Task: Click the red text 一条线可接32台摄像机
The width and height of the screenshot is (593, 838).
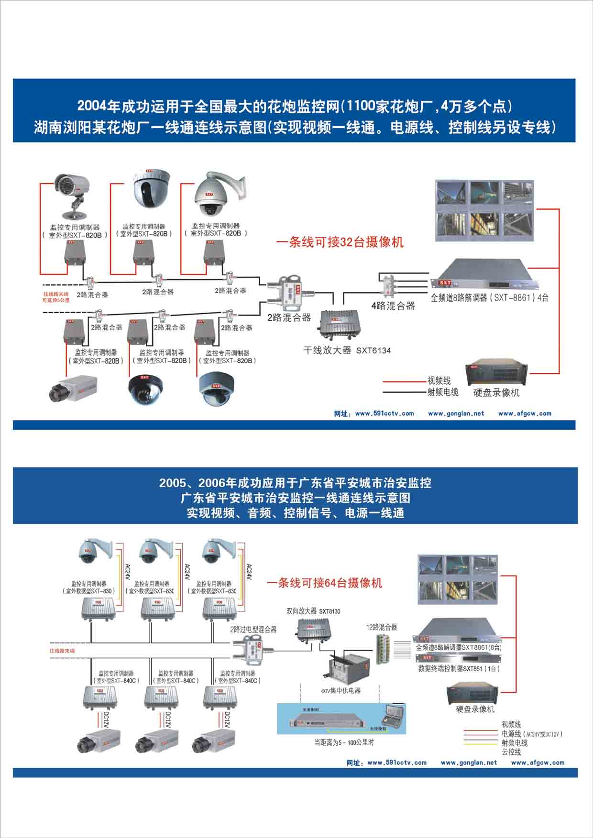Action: click(340, 242)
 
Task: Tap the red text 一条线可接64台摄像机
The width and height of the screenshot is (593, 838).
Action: click(325, 583)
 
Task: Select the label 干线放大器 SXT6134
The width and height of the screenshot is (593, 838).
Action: click(347, 350)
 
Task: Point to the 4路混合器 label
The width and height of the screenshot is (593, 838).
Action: click(393, 306)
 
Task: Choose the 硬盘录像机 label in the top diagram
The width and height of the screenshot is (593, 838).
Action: click(496, 393)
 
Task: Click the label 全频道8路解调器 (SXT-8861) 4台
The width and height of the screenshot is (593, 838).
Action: click(489, 298)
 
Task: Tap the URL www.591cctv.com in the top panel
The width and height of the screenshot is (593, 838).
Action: click(384, 414)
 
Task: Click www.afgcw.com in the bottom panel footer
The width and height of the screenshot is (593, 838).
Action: click(538, 762)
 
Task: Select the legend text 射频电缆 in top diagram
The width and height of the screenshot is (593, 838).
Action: click(443, 392)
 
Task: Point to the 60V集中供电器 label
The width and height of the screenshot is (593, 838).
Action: click(341, 691)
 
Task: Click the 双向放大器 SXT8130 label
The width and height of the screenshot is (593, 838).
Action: click(313, 611)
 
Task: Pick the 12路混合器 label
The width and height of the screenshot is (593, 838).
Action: click(382, 627)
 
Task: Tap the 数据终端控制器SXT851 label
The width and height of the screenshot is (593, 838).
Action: click(458, 669)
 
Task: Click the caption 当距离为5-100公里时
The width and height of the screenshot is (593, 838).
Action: click(344, 742)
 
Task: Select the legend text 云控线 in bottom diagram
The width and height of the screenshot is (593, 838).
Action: click(511, 752)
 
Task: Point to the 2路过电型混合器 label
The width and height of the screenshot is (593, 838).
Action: click(253, 630)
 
